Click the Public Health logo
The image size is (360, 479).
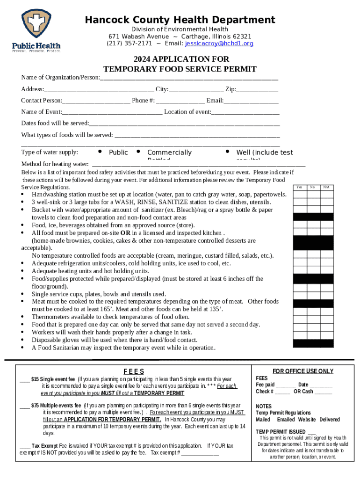point(36,30)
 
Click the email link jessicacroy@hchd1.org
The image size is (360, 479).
point(219,44)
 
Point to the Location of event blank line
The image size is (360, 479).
point(245,113)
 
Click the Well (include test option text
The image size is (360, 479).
point(264,152)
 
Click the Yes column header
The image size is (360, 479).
point(299,187)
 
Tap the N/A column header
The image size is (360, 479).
point(326,187)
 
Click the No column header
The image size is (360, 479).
point(313,187)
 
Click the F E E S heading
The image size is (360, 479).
point(133,371)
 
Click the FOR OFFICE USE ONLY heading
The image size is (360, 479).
point(303,371)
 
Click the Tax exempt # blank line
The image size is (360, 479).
point(200,454)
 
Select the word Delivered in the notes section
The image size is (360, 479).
point(330,420)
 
